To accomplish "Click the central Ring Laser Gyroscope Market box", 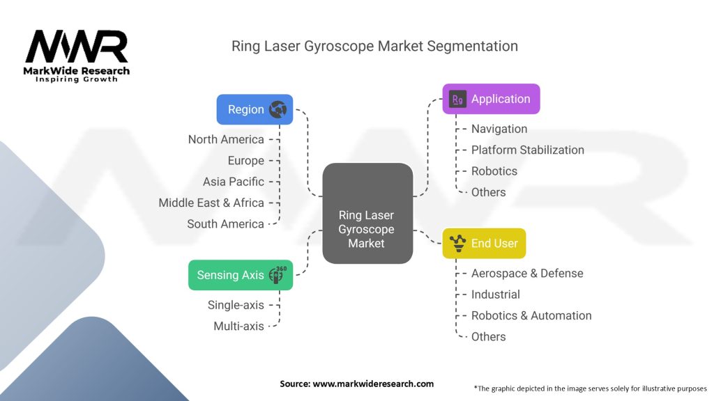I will (367, 213).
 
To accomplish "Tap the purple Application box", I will (491, 99).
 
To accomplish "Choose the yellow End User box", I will (484, 244).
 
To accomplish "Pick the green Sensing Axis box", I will (241, 275).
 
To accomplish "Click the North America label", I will (226, 139).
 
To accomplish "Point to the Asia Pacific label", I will (234, 182).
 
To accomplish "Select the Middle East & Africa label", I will (211, 203).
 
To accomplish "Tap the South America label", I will (225, 224).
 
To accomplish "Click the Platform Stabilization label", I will (527, 150).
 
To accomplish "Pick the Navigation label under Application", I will (499, 129).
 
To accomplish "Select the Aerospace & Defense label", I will (526, 274).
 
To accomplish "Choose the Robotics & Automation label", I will (531, 315).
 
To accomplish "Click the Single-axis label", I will (236, 305).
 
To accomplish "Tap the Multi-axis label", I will (238, 326).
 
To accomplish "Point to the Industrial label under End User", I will (495, 294).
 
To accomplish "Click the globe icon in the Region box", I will (278, 109).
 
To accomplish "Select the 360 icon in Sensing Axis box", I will (278, 275).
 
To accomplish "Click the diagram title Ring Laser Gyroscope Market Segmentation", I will (374, 47).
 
